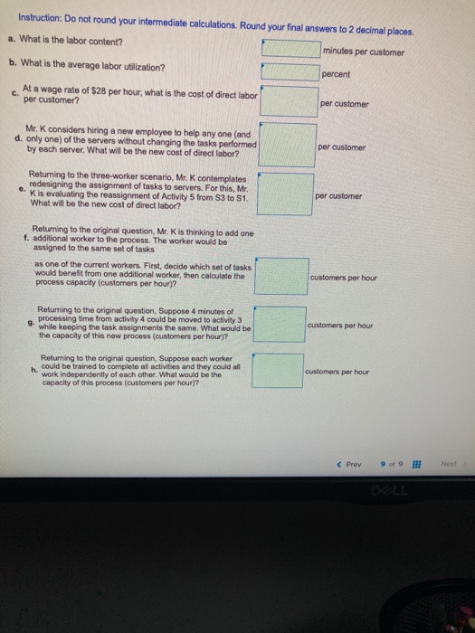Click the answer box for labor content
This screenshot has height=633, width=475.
pyautogui.click(x=291, y=49)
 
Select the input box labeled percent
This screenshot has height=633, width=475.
pyautogui.click(x=290, y=71)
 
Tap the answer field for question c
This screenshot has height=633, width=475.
pyautogui.click(x=289, y=101)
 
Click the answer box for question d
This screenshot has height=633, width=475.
pyautogui.click(x=288, y=145)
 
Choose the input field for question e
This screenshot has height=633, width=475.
pyautogui.click(x=285, y=194)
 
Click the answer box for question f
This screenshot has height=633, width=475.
pyautogui.click(x=282, y=276)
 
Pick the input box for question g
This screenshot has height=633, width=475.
pyautogui.click(x=280, y=325)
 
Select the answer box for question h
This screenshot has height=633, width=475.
pyautogui.click(x=278, y=371)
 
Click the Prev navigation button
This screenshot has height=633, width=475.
pyautogui.click(x=350, y=464)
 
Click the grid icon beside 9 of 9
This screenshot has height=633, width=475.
pyautogui.click(x=416, y=464)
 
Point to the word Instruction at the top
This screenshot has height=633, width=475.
pyautogui.click(x=39, y=19)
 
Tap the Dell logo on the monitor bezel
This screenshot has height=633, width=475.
pyautogui.click(x=389, y=491)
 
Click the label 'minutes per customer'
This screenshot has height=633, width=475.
pyautogui.click(x=364, y=52)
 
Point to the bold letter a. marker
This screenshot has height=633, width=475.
pyautogui.click(x=13, y=39)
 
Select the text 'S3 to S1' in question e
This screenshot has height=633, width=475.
pyautogui.click(x=232, y=198)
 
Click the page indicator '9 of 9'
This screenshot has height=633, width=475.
pyautogui.click(x=392, y=464)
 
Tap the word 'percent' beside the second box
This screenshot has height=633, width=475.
pyautogui.click(x=336, y=74)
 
